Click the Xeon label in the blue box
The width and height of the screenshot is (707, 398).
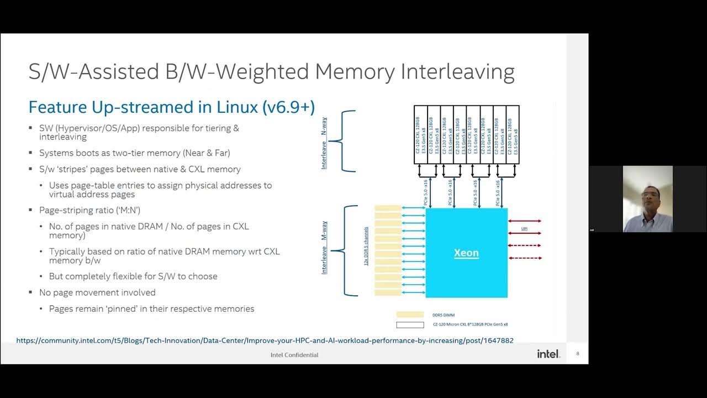coord(466,253)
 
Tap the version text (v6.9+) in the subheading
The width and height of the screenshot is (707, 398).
coord(287,107)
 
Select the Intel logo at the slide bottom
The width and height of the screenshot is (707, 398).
coord(548,354)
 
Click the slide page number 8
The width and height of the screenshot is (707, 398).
coord(578,354)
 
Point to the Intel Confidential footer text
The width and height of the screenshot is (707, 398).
coord(294,355)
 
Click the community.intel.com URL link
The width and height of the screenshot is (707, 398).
coord(265,341)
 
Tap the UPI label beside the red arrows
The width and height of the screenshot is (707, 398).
coord(524,228)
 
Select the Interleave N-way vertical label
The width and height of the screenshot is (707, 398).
coord(324,142)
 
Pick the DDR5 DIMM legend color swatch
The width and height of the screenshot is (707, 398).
coord(410,315)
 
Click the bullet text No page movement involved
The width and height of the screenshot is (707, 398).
coord(97,292)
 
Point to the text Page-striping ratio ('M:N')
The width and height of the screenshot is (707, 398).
coord(89,210)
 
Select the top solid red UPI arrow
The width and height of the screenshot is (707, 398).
coord(524,221)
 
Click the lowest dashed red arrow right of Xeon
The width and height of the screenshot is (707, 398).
coord(524,258)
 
